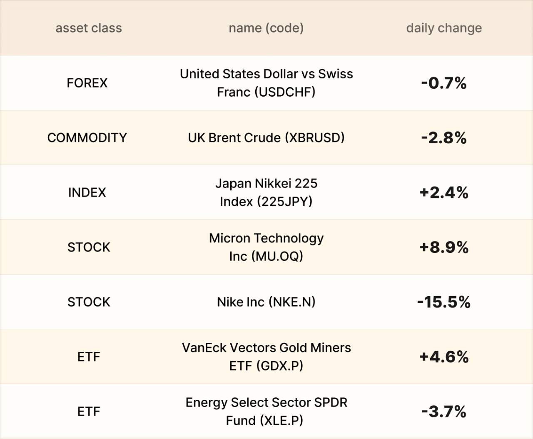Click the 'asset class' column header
(x=89, y=28)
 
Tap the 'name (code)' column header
(x=266, y=28)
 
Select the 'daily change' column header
(x=444, y=28)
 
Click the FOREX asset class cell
(x=87, y=83)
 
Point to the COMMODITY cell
(x=87, y=138)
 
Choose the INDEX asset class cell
(x=87, y=192)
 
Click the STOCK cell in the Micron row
(x=89, y=247)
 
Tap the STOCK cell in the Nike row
(x=89, y=302)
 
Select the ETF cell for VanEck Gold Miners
(x=89, y=357)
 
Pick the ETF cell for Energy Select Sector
(x=89, y=412)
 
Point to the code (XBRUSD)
(x=315, y=138)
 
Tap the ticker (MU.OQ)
(x=277, y=256)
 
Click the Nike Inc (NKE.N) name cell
(x=266, y=302)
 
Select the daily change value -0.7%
(x=444, y=83)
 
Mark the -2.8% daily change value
(x=444, y=138)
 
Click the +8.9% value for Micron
(x=444, y=247)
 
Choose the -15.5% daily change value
(x=444, y=302)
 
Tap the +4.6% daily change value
(x=444, y=357)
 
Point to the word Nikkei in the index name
(x=273, y=183)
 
